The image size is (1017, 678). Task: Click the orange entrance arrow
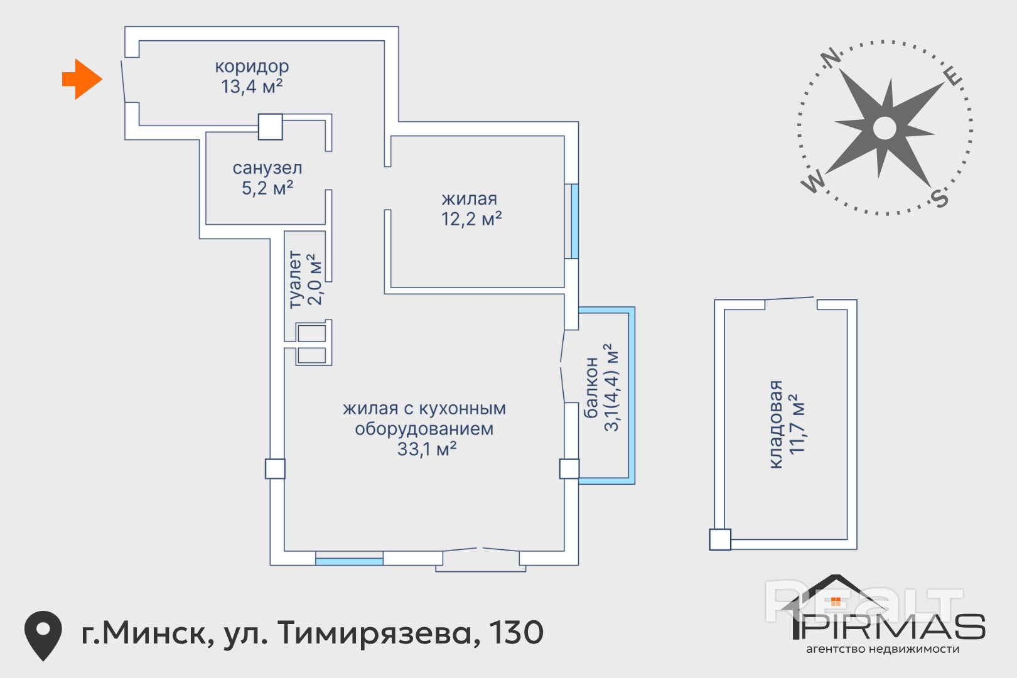(x=82, y=79)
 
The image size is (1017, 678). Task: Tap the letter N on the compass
(x=831, y=58)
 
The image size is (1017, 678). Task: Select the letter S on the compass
(x=939, y=198)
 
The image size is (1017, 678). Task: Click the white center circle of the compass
(x=885, y=128)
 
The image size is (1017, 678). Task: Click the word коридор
(x=252, y=67)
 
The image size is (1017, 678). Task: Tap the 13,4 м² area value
(x=252, y=86)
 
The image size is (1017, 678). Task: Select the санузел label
(x=267, y=168)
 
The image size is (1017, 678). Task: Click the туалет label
(x=294, y=280)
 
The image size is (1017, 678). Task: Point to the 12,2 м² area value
(x=471, y=219)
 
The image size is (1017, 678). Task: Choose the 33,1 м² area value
(x=427, y=449)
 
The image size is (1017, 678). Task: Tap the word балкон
(x=591, y=387)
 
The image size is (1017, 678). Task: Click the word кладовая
(x=776, y=424)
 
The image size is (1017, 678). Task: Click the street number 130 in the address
(x=516, y=632)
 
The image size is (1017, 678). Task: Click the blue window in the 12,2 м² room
(x=574, y=221)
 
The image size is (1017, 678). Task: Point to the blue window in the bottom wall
(x=349, y=562)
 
